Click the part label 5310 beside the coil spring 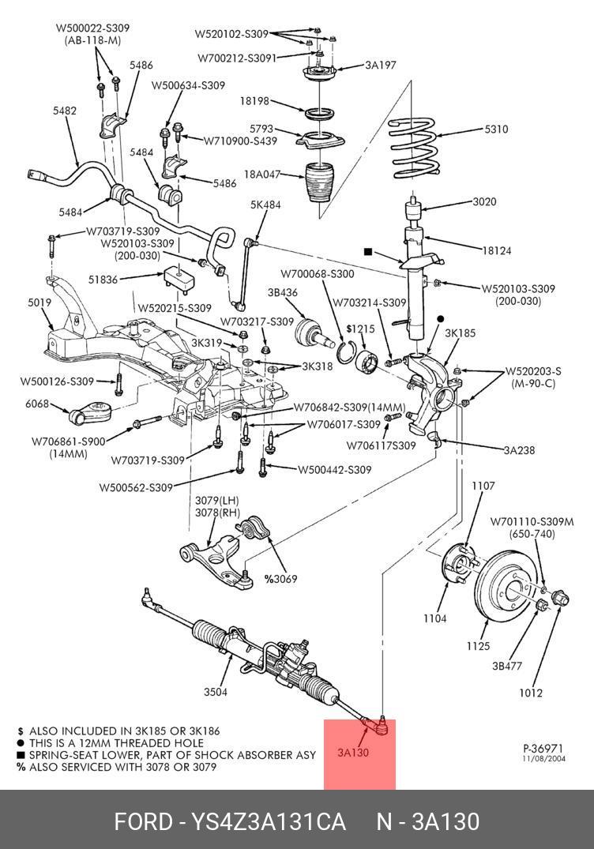coord(497,130)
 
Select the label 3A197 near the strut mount coord(380,65)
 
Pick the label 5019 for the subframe coord(39,302)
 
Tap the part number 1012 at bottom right coord(531,693)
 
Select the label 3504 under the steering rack coord(216,693)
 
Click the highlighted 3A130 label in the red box coord(353,753)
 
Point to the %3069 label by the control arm coord(280,579)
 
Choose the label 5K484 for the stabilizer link coord(265,205)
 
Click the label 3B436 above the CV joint coord(282,292)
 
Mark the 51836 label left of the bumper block coord(103,279)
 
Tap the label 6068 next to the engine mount coord(36,404)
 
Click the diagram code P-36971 coord(543,747)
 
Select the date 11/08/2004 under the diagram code coord(543,758)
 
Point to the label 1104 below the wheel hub coord(434,618)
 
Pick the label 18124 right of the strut coord(497,251)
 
